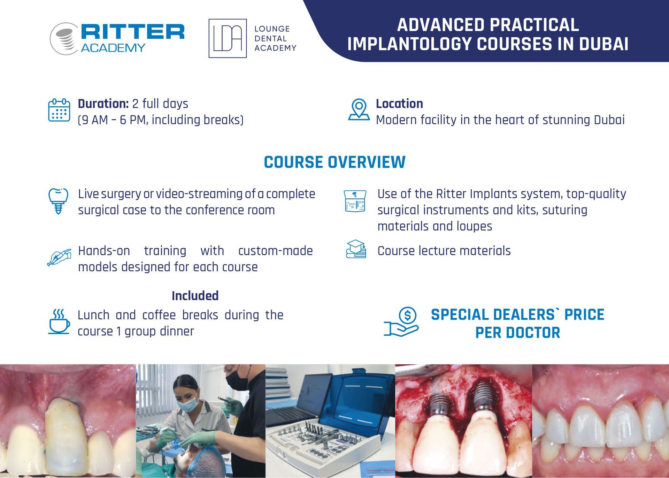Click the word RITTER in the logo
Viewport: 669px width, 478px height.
133,32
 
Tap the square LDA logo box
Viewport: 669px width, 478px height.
228,38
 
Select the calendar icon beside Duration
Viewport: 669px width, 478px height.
59,110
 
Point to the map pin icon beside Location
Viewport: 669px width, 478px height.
359,109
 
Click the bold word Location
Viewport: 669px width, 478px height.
399,104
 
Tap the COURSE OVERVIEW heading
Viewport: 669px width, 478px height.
334,162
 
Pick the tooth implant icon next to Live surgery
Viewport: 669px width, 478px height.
58,201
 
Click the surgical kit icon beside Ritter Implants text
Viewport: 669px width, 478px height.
355,201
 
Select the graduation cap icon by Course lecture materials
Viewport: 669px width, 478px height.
356,249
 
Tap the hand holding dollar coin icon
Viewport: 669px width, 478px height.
401,322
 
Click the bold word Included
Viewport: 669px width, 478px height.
195,296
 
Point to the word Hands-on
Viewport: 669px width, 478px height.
104,251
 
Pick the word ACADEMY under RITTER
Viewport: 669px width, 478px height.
113,48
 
